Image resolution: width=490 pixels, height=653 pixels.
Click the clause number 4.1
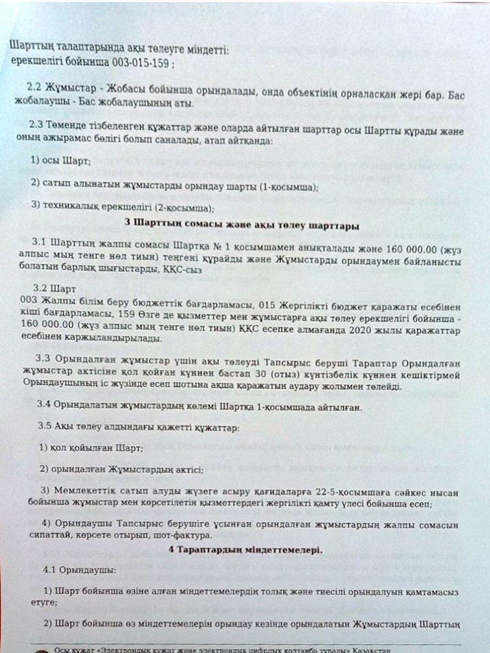48,570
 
